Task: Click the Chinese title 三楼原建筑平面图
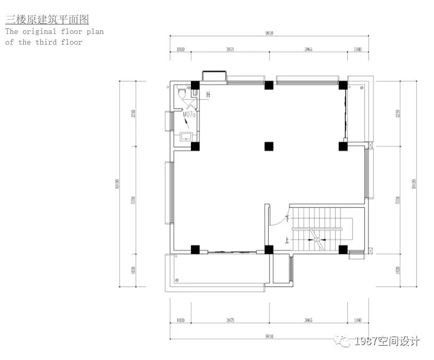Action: (x=47, y=20)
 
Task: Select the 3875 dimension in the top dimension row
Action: (x=230, y=49)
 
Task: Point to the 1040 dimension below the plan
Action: (x=357, y=321)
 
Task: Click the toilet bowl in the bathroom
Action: (x=182, y=94)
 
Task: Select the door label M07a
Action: (x=189, y=114)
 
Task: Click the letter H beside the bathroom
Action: (x=208, y=95)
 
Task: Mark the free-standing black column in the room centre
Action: (x=269, y=146)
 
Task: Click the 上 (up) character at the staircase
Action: (x=288, y=240)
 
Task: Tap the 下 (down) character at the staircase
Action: (x=288, y=217)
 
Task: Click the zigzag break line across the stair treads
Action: (x=317, y=239)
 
